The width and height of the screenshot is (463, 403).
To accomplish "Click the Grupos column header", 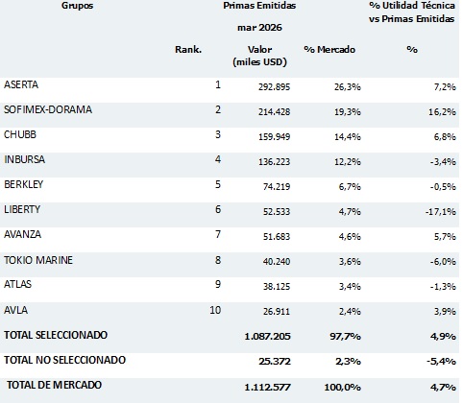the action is [x=77, y=6].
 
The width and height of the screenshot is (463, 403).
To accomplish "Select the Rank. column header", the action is [x=188, y=50].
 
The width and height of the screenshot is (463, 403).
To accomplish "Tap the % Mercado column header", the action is [x=329, y=50].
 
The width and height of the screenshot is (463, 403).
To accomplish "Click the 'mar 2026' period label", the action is [x=259, y=28].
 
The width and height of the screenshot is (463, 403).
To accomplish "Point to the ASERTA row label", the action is [x=21, y=84].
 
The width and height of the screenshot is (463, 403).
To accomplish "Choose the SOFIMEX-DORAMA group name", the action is [x=48, y=109].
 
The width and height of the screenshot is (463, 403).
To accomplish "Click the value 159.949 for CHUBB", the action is [x=275, y=137].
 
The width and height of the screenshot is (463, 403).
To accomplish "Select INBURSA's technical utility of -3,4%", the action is [x=443, y=162].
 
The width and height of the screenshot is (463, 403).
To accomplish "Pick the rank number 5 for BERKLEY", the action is [x=218, y=184].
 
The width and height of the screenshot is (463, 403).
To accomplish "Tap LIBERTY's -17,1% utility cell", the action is [x=441, y=212].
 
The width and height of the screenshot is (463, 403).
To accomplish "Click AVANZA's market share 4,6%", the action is [x=350, y=237].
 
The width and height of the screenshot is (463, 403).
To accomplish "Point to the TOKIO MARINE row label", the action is [x=38, y=260].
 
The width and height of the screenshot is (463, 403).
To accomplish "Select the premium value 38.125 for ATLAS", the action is [x=277, y=286].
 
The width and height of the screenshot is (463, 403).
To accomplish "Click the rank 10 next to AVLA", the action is [x=215, y=310].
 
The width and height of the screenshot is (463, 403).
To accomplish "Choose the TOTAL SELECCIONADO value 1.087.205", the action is [x=267, y=337].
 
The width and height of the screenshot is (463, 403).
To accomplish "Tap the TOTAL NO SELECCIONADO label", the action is [x=65, y=360].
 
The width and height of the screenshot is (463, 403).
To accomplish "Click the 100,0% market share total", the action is [x=342, y=388].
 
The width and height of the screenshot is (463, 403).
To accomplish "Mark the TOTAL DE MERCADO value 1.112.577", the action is [x=267, y=388].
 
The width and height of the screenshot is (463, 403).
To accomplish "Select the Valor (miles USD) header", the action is [x=259, y=56].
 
